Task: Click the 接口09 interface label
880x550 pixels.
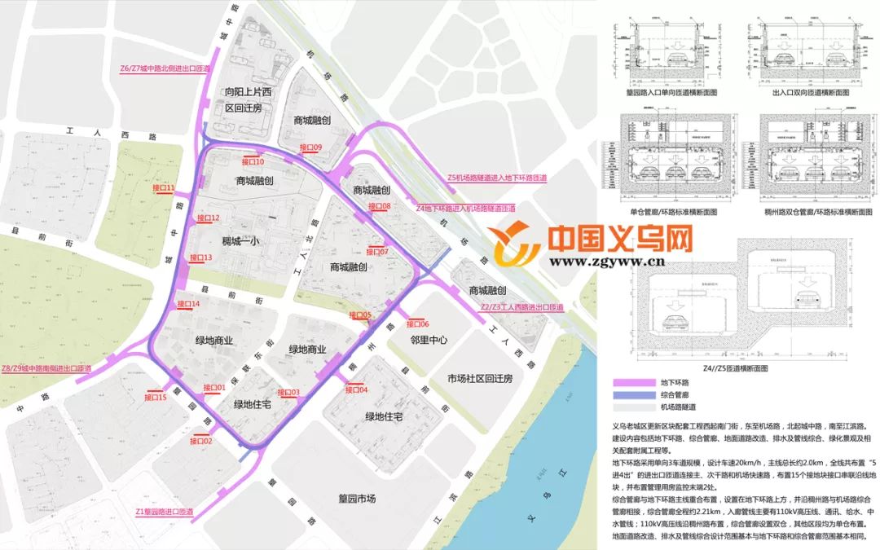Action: pos(311,147)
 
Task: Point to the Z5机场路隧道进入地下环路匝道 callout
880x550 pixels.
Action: pos(497,178)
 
